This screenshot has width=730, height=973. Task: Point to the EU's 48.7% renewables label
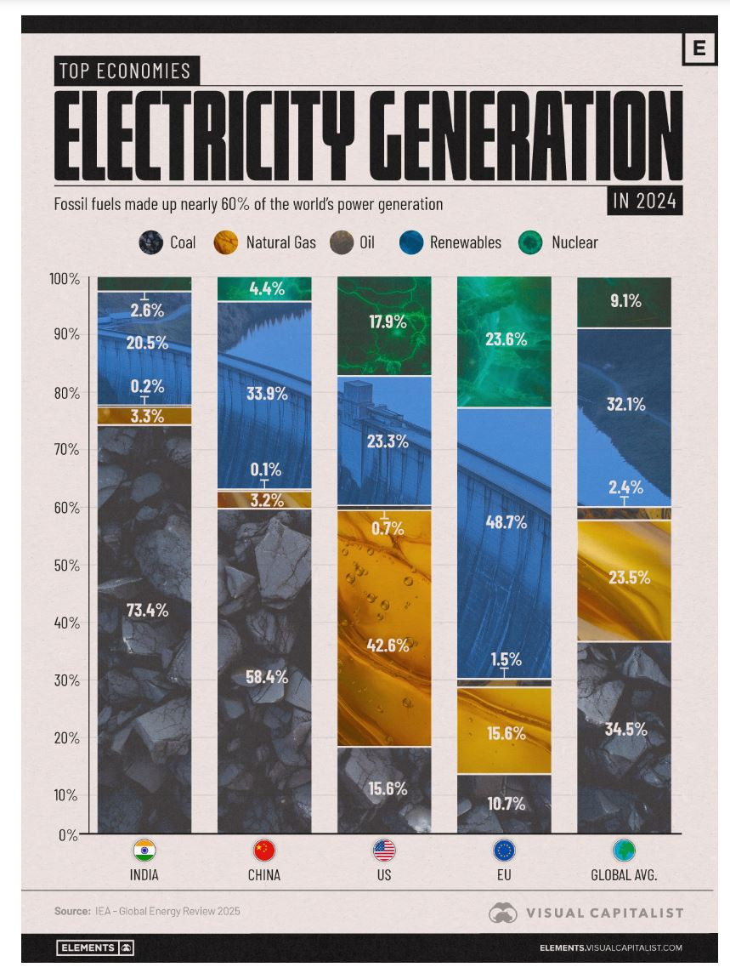pyautogui.click(x=505, y=523)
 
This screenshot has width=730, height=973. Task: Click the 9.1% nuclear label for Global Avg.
pyautogui.click(x=625, y=300)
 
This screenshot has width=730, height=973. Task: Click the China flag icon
pyautogui.click(x=264, y=851)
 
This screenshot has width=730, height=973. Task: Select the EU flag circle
pyautogui.click(x=505, y=851)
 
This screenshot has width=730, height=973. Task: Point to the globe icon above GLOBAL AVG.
pyautogui.click(x=625, y=851)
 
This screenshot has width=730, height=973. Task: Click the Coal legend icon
pyautogui.click(x=150, y=242)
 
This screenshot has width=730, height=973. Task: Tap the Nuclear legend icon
pyautogui.click(x=530, y=242)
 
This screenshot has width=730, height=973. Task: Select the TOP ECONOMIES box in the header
pyautogui.click(x=127, y=71)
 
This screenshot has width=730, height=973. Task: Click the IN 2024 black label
pyautogui.click(x=645, y=202)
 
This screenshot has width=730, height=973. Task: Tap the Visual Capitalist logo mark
pyautogui.click(x=503, y=913)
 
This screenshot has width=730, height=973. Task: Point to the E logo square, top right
pyautogui.click(x=699, y=48)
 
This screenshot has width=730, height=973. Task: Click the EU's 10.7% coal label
pyautogui.click(x=505, y=804)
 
